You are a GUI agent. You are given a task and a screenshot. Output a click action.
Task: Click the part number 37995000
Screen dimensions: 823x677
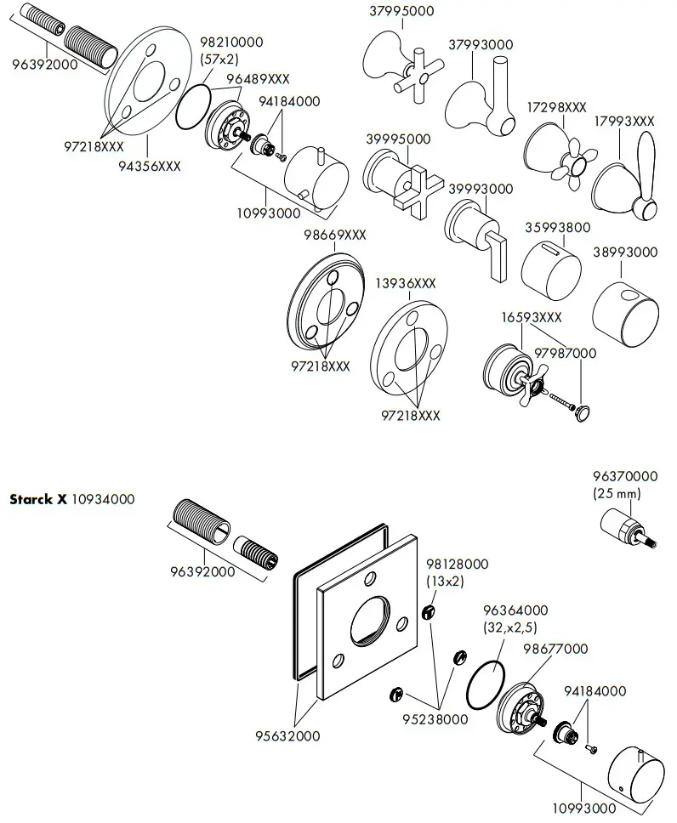click(402, 11)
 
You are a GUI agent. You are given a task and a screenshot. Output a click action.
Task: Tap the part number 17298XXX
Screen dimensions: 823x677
click(555, 108)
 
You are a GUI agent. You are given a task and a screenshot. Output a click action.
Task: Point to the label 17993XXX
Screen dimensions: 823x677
click(624, 122)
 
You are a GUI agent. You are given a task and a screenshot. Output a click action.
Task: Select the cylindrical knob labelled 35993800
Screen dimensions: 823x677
click(551, 269)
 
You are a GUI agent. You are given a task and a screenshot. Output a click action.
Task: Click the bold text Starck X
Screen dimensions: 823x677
click(37, 499)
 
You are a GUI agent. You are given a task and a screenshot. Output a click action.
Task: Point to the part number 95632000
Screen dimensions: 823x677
click(288, 736)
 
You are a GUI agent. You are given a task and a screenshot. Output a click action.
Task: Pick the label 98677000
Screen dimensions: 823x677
click(555, 649)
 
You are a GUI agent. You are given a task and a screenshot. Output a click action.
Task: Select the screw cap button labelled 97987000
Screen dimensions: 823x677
click(581, 411)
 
